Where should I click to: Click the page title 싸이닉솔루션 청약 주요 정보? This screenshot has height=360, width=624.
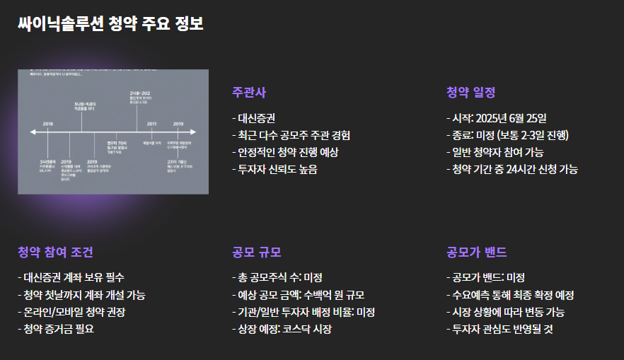point(111,23)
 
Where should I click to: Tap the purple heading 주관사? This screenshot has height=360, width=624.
point(249,93)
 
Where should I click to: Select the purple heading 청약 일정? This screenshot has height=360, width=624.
point(470,93)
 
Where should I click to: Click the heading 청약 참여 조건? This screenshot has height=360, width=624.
point(55,252)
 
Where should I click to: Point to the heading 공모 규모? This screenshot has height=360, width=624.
point(257,252)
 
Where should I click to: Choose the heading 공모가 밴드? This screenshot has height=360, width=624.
point(476,252)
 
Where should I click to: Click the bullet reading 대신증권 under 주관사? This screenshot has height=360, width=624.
point(256,117)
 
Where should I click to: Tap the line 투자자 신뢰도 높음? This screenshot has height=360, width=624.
point(275,169)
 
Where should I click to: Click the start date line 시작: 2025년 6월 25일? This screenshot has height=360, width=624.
point(496,117)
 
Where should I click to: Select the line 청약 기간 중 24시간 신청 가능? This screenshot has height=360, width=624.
point(512,169)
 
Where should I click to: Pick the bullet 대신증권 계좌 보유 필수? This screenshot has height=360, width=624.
point(74,277)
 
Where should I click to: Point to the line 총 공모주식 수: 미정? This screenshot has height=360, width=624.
point(277,277)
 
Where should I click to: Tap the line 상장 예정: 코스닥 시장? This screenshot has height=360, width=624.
point(282,329)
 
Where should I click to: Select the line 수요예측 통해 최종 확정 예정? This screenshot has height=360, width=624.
point(509,294)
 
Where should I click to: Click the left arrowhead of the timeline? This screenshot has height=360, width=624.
point(33,132)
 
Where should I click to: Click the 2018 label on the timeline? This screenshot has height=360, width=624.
point(48,124)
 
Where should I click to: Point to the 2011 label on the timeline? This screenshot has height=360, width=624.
point(151,124)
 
